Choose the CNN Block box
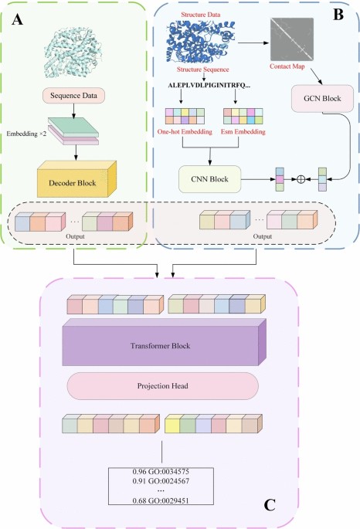pos(207,178)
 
